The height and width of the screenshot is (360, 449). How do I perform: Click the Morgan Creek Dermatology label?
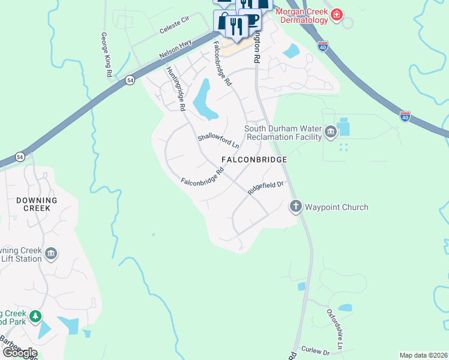[x=302, y=16]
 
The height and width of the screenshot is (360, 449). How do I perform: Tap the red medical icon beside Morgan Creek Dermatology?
[x=337, y=13]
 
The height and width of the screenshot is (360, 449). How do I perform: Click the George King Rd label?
[x=106, y=55]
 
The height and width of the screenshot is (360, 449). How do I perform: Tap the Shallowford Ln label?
[x=218, y=142]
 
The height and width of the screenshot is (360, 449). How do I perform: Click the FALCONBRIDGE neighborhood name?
[x=254, y=160]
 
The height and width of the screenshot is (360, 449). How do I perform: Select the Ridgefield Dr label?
[x=265, y=187]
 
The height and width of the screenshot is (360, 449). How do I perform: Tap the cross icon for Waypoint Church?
[x=295, y=207]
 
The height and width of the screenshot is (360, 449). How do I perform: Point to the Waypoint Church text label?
[x=336, y=207]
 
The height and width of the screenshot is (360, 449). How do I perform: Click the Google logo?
[x=19, y=352]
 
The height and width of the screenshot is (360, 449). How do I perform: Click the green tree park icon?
[x=35, y=316]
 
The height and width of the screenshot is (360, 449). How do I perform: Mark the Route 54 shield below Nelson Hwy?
[x=129, y=80]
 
